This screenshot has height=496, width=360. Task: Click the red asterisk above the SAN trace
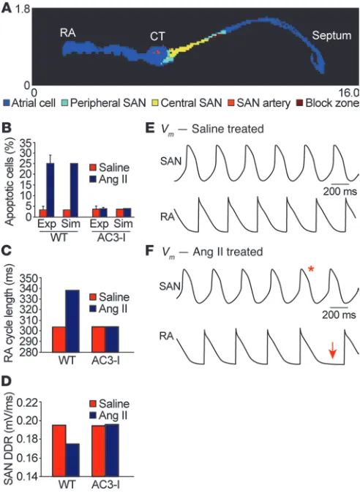click(x=311, y=269)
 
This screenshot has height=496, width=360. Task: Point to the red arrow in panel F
click(x=332, y=350)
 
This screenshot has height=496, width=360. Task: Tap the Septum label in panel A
click(x=331, y=35)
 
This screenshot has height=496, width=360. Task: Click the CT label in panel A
click(x=157, y=37)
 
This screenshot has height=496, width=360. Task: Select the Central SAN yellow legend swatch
click(x=154, y=103)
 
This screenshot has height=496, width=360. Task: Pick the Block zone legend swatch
click(x=299, y=103)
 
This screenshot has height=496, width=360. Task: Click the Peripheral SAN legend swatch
click(x=64, y=103)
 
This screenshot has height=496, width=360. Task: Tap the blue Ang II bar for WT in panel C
click(x=72, y=321)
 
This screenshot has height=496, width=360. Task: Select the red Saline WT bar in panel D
click(x=59, y=451)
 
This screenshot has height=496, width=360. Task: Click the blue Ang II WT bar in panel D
click(x=72, y=460)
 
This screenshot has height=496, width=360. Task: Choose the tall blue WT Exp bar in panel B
click(x=50, y=190)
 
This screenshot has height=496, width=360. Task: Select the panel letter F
click(x=149, y=251)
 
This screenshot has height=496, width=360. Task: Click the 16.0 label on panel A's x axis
click(x=349, y=93)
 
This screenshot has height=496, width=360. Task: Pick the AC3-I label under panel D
click(x=105, y=484)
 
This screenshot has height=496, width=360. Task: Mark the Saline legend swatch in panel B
click(x=93, y=168)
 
